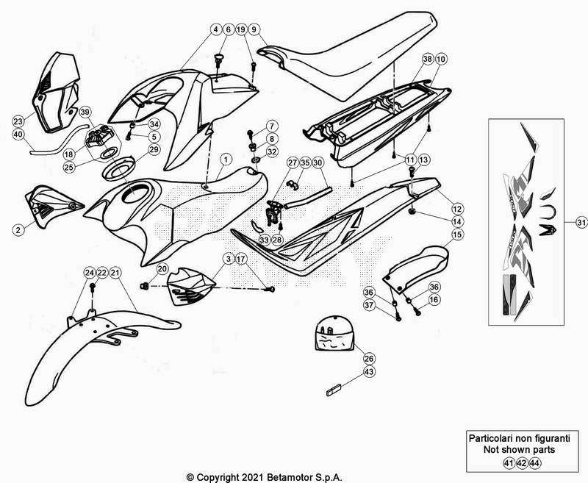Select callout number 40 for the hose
18,135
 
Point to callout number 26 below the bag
369,358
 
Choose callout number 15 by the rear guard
456,235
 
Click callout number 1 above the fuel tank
225,158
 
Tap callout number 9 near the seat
254,29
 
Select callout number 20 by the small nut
162,269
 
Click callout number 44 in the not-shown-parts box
534,463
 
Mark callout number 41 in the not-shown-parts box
508,463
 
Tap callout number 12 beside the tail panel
456,209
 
